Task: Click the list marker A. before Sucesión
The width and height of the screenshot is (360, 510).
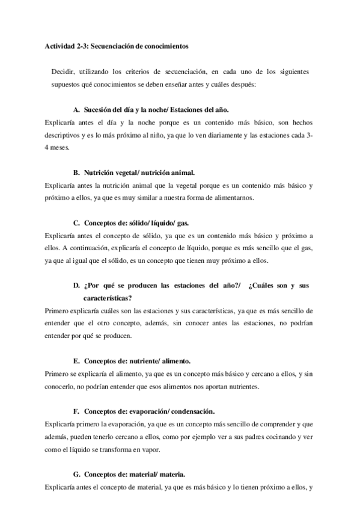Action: [76, 110]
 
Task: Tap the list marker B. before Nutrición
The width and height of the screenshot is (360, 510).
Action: [76, 173]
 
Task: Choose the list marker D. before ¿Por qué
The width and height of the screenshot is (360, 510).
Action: [76, 286]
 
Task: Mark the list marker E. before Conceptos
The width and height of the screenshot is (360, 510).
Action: [76, 361]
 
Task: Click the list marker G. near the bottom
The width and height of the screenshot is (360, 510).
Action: [76, 474]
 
